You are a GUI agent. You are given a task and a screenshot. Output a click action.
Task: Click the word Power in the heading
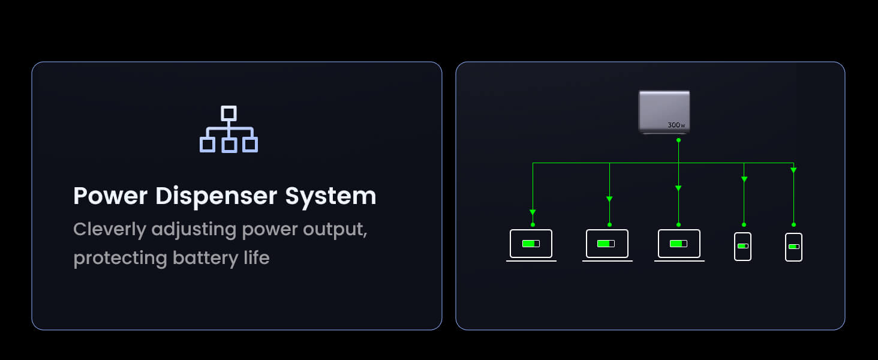pyautogui.click(x=110, y=196)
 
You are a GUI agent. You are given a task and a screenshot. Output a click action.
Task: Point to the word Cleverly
pyautogui.click(x=109, y=229)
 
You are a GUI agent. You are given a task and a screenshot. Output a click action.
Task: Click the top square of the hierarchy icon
pyautogui.click(x=228, y=113)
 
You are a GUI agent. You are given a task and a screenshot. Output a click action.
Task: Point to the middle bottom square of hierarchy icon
pyautogui.click(x=228, y=145)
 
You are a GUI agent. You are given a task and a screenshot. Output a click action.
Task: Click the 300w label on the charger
pyautogui.click(x=676, y=125)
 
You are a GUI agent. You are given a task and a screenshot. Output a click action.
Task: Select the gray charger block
pyautogui.click(x=664, y=111)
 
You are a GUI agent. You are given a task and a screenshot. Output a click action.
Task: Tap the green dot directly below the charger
pyautogui.click(x=678, y=140)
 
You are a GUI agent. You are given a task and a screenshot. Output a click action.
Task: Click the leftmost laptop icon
pyautogui.click(x=531, y=244)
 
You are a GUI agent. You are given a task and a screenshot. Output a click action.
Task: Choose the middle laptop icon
pyautogui.click(x=607, y=244)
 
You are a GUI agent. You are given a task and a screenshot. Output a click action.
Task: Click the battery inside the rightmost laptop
pyautogui.click(x=678, y=244)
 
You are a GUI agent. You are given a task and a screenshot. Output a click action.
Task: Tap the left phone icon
pyautogui.click(x=742, y=246)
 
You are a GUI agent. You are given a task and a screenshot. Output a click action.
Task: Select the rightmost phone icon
pyautogui.click(x=793, y=247)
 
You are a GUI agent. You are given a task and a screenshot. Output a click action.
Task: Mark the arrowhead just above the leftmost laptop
pyautogui.click(x=533, y=212)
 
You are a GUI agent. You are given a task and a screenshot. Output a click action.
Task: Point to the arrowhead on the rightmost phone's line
pyautogui.click(x=793, y=170)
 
